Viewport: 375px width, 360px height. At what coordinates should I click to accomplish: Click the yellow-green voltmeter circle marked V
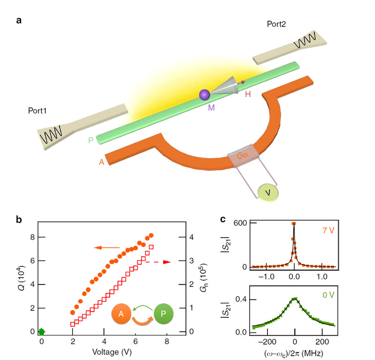click(268, 192)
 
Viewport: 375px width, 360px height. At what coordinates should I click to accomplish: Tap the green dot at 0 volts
click(41, 331)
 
